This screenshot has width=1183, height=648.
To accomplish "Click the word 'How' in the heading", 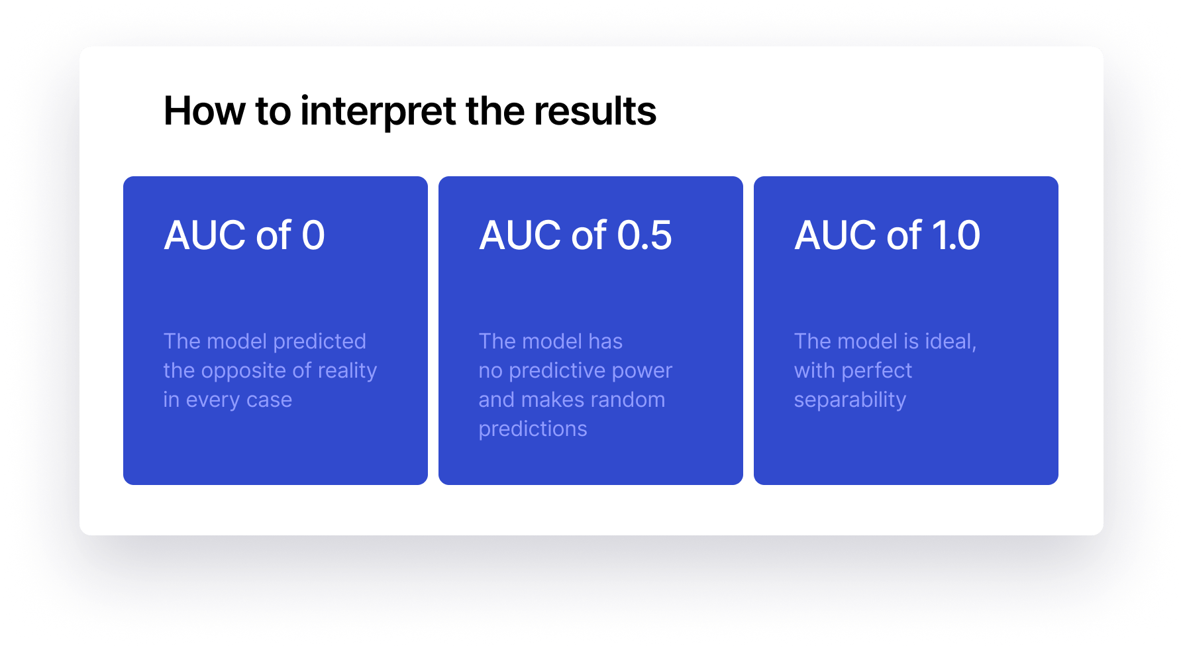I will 204,111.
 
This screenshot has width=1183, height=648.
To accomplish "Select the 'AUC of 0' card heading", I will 244,235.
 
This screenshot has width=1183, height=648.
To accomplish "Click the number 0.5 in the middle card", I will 644,235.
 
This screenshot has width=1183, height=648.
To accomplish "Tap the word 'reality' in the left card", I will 347,371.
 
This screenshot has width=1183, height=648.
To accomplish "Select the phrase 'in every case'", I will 227,400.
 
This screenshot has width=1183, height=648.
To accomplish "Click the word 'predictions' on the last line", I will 533,429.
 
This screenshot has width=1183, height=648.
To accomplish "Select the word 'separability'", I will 850,400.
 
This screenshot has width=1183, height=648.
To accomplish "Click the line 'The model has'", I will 550,342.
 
